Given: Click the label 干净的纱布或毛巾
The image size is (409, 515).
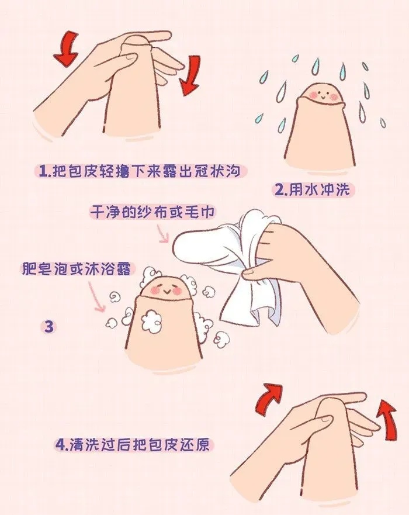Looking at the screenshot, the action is (x=152, y=213).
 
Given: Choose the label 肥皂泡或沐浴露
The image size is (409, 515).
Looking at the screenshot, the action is (x=77, y=268).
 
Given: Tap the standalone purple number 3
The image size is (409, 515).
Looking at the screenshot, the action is (x=48, y=327).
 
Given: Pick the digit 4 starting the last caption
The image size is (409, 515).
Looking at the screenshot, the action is (x=60, y=445).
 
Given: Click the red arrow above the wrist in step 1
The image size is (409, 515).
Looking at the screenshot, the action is (x=67, y=49).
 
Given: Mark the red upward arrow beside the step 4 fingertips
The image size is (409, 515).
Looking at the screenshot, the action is (x=386, y=418).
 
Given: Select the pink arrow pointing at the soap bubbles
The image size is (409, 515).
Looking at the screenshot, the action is (x=96, y=297).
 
